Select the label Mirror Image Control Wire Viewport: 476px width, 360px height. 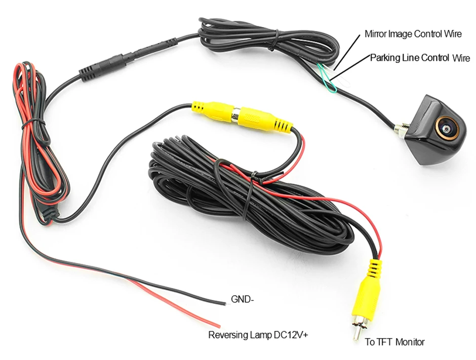pos(413,34)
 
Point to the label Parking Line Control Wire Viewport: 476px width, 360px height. pos(420,58)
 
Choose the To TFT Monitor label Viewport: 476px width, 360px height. pos(394,342)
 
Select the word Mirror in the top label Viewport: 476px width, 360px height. pos(375,34)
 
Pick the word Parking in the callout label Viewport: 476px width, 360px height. pos(383,58)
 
